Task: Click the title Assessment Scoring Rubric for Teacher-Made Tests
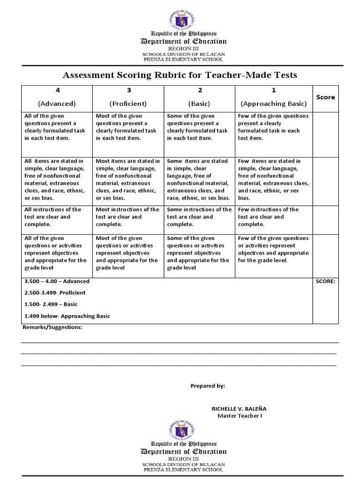(180, 75)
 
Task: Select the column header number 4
(57, 90)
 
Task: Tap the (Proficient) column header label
(128, 104)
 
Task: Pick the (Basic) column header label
(199, 104)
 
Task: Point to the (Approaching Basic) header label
(273, 104)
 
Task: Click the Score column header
(325, 97)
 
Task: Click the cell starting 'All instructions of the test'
(57, 217)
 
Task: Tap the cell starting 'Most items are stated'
(128, 180)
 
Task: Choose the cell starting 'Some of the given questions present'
(199, 127)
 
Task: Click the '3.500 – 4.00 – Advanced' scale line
(57, 281)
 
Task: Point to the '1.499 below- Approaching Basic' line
(67, 316)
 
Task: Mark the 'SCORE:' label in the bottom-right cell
(325, 281)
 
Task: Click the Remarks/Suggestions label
(52, 327)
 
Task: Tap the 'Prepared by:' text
(208, 386)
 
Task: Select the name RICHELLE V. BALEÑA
(239, 409)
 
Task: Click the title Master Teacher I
(240, 416)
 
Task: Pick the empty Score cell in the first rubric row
(325, 134)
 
